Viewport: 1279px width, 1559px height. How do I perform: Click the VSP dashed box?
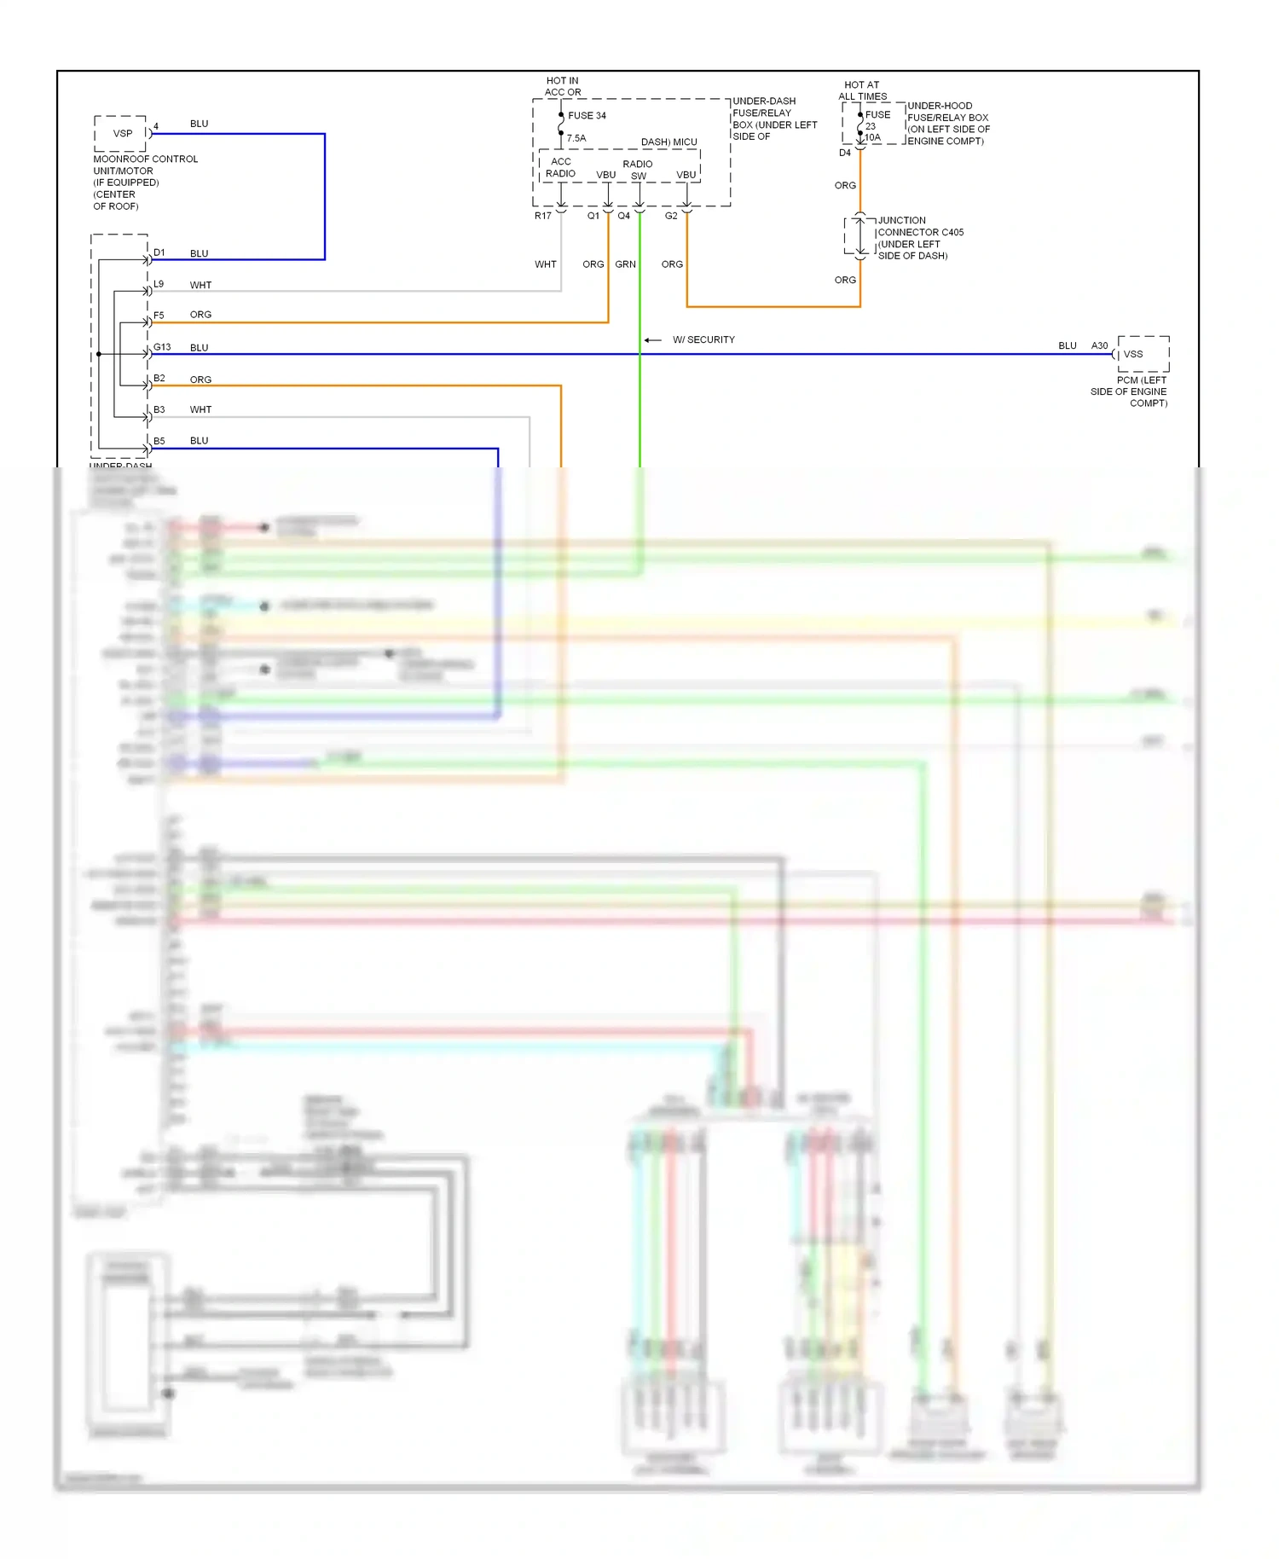pos(120,134)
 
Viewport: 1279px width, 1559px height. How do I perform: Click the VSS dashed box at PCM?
pos(1143,354)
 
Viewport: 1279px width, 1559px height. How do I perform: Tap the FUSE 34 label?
pos(587,116)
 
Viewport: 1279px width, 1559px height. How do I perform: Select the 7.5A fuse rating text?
pos(576,138)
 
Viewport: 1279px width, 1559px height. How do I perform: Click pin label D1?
pos(159,252)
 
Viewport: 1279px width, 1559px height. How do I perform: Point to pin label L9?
pos(159,284)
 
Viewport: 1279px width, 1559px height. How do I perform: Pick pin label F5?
pos(159,316)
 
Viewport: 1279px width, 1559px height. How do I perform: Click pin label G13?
pos(162,347)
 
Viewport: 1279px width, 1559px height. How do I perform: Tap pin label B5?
pos(159,441)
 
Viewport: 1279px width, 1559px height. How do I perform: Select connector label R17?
pos(543,216)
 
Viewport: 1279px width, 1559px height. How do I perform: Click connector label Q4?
pos(624,216)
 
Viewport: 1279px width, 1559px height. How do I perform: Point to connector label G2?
pos(671,216)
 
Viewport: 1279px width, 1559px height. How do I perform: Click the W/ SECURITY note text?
pos(703,339)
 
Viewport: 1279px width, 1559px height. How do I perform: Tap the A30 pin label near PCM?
pos(1099,345)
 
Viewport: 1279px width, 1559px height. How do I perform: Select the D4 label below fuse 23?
pos(844,153)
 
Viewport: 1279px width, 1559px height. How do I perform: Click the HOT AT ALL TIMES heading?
pos(862,90)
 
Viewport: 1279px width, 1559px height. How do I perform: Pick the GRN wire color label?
pos(625,264)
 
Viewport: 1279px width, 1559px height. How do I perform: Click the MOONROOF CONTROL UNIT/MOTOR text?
pos(145,165)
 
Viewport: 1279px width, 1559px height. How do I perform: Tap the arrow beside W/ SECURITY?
pos(652,340)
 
